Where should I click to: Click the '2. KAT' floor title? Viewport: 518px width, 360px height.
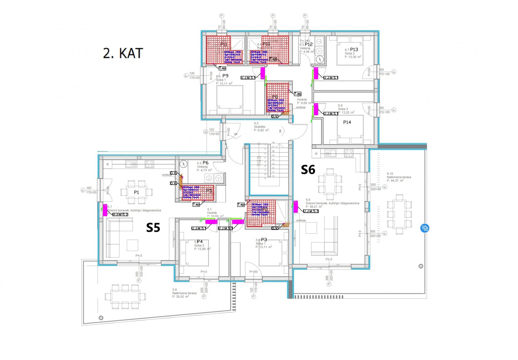point(123,53)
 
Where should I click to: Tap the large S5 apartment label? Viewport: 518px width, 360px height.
point(153,228)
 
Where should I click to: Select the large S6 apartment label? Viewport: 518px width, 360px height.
point(308,170)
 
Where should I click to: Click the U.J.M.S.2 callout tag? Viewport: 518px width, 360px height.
point(120,215)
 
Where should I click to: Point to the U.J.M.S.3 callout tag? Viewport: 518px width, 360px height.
point(311,211)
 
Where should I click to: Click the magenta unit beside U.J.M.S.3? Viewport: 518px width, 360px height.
point(296,207)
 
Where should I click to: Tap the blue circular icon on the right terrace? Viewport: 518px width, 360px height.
point(425,228)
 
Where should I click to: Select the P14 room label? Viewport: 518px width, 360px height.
point(347,122)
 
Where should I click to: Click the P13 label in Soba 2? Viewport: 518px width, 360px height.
point(354,50)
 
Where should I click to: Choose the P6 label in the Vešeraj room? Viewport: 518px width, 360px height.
point(205,163)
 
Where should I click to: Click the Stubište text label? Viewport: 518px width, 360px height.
point(260,127)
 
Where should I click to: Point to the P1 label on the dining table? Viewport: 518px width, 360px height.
point(136,192)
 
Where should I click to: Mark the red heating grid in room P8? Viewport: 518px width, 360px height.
point(277,98)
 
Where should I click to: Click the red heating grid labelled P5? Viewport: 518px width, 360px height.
point(198,193)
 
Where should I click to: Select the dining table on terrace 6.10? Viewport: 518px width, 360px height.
point(399,214)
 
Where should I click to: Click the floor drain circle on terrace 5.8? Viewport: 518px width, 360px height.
point(101,318)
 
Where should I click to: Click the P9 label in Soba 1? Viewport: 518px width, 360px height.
point(225,76)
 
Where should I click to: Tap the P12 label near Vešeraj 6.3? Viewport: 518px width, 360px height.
point(309,44)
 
